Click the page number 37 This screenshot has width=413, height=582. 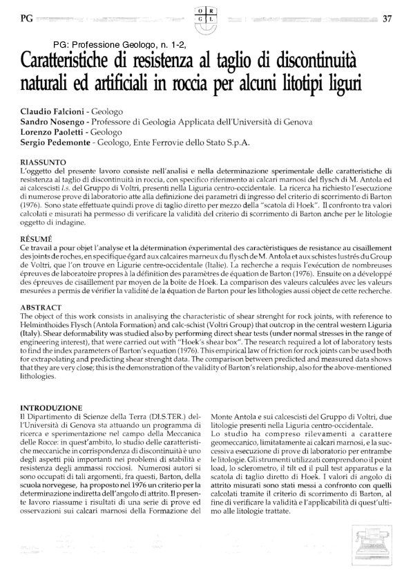[387, 19]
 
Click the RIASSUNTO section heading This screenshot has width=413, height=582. [43, 161]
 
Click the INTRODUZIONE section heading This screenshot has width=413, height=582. [52, 408]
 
